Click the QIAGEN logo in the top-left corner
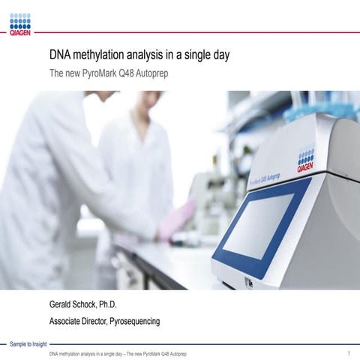19,23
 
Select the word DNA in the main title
61,55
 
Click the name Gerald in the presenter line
63,304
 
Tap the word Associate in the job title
67,321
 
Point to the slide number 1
349,352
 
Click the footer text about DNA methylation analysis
117,352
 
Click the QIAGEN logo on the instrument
305,160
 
